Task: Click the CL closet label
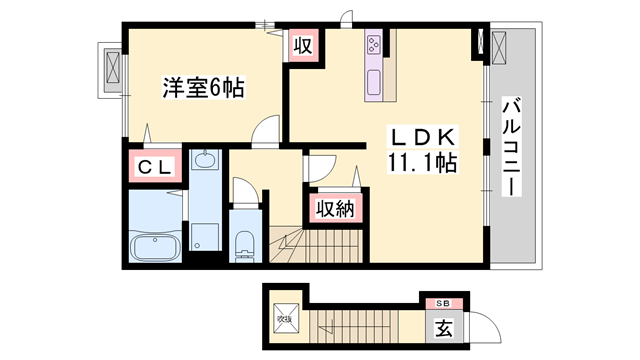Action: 154,166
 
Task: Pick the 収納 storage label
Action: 335,208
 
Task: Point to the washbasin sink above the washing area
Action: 206,160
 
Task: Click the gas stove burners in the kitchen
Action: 375,45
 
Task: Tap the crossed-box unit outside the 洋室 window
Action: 108,71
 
